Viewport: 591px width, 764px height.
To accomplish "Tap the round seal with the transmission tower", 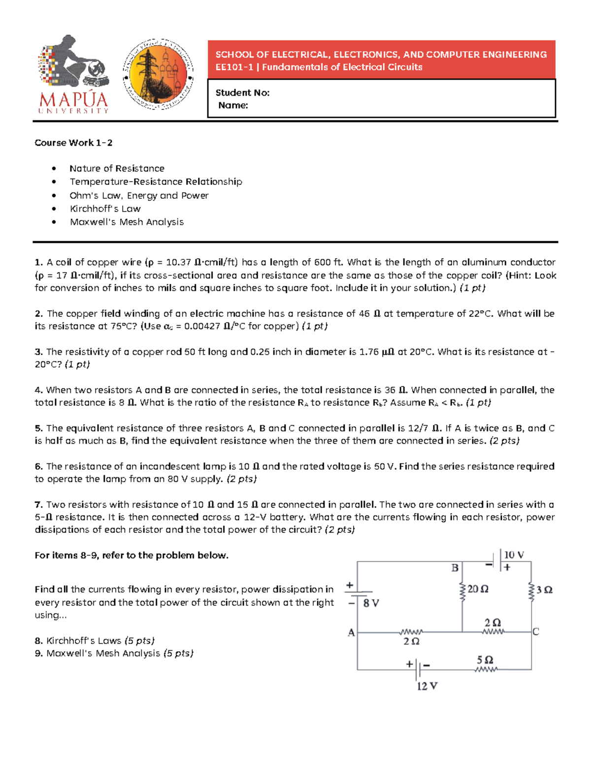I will [x=158, y=74].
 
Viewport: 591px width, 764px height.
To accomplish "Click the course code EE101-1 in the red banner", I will [x=234, y=67].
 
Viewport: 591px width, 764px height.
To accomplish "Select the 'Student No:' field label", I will [x=242, y=93].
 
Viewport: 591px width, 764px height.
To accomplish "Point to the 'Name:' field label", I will [x=233, y=105].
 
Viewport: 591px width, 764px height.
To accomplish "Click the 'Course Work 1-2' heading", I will [x=73, y=143].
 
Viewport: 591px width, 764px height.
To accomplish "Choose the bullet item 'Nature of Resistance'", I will [x=117, y=168].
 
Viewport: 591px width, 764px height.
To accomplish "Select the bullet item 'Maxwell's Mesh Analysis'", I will [x=127, y=222].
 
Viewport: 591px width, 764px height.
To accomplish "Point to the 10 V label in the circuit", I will [x=514, y=555].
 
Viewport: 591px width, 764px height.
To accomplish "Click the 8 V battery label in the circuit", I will [x=371, y=603].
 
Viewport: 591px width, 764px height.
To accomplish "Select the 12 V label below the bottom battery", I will [x=427, y=686].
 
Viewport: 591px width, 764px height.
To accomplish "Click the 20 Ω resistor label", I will [x=478, y=589].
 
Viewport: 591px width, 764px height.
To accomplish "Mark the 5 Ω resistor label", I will [x=485, y=660].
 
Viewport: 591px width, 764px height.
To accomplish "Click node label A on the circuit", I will [x=351, y=633].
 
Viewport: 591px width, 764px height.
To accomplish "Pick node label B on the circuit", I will [x=455, y=568].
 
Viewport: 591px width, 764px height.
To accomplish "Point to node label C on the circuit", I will [x=536, y=632].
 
